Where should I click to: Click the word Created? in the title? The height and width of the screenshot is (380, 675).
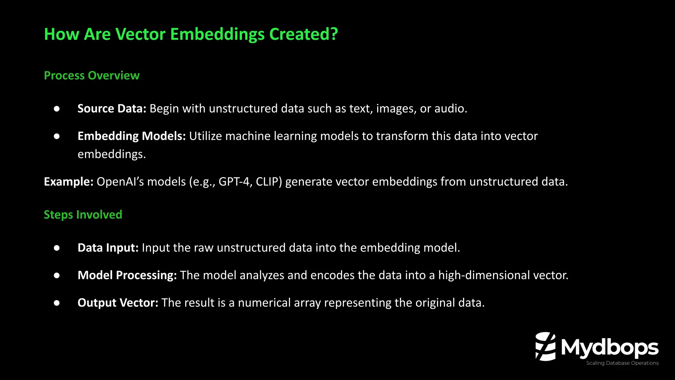(x=304, y=34)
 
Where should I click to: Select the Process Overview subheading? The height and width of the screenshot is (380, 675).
(x=92, y=76)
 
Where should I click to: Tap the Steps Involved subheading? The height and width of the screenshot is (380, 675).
(x=83, y=215)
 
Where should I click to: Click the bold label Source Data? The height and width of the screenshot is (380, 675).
(x=112, y=109)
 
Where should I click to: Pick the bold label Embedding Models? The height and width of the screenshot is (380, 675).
(x=132, y=136)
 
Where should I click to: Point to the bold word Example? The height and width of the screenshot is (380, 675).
(x=69, y=182)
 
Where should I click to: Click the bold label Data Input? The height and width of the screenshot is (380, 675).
(x=108, y=248)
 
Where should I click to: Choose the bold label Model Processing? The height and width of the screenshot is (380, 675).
(x=127, y=275)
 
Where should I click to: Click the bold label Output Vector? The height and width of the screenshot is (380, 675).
(x=118, y=303)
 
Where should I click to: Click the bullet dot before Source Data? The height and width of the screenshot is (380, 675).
(x=57, y=109)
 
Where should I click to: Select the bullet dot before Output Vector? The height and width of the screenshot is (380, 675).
(x=57, y=303)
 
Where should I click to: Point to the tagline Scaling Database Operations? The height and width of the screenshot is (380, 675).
(x=622, y=363)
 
